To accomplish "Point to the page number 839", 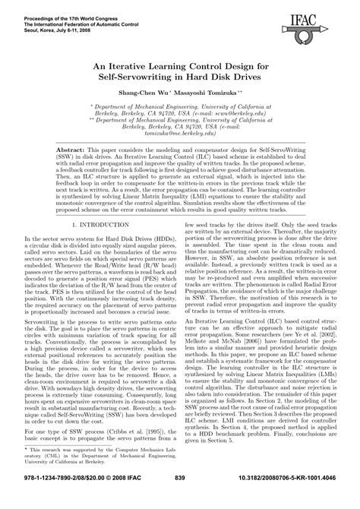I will pos(180,498).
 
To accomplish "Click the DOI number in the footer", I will pos(286,498).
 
